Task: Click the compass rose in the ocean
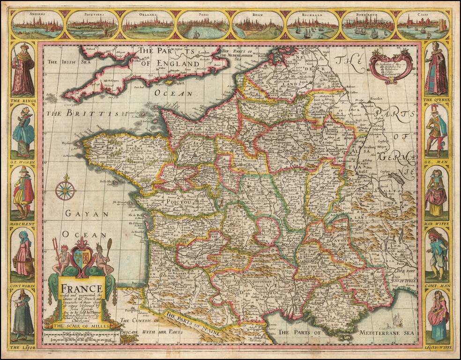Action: [x=65, y=190]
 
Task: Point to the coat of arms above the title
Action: [x=82, y=258]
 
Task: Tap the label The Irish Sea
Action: [x=65, y=61]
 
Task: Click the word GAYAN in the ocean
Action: [x=87, y=214]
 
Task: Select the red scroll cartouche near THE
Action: [x=391, y=67]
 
